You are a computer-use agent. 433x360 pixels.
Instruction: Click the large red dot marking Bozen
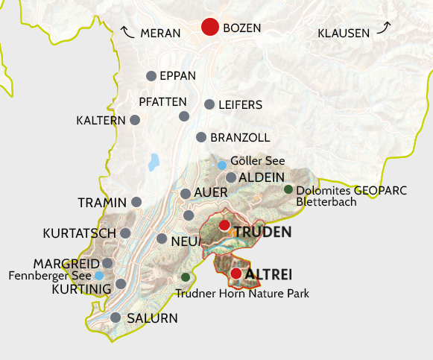pyautogui.click(x=211, y=28)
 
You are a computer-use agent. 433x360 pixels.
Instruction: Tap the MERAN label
pyautogui.click(x=160, y=33)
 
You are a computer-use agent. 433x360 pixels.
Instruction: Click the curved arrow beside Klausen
pyautogui.click(x=384, y=28)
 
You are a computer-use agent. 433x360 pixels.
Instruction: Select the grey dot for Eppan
pyautogui.click(x=151, y=76)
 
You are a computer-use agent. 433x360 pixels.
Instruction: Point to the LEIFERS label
pyautogui.click(x=240, y=105)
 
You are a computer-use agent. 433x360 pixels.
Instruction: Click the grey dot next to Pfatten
pyautogui.click(x=184, y=116)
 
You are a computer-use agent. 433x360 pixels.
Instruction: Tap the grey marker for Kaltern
pyautogui.click(x=135, y=119)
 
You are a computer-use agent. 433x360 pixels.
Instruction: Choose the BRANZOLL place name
pyautogui.click(x=240, y=138)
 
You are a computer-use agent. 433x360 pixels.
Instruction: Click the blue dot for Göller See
pyautogui.click(x=221, y=165)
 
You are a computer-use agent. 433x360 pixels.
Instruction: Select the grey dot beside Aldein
pyautogui.click(x=231, y=177)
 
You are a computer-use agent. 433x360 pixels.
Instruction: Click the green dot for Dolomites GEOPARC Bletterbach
pyautogui.click(x=288, y=189)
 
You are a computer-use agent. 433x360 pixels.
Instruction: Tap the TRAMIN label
pyautogui.click(x=102, y=203)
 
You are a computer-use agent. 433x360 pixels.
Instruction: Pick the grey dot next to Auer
pyautogui.click(x=186, y=194)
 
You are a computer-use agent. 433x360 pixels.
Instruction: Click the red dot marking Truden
pyautogui.click(x=224, y=225)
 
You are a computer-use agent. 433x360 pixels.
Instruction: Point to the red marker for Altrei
pyautogui.click(x=236, y=274)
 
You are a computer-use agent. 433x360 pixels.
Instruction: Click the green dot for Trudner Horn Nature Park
pyautogui.click(x=186, y=277)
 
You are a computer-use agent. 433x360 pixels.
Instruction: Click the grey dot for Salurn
pyautogui.click(x=116, y=318)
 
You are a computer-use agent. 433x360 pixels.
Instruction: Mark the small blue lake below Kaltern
pyautogui.click(x=154, y=161)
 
